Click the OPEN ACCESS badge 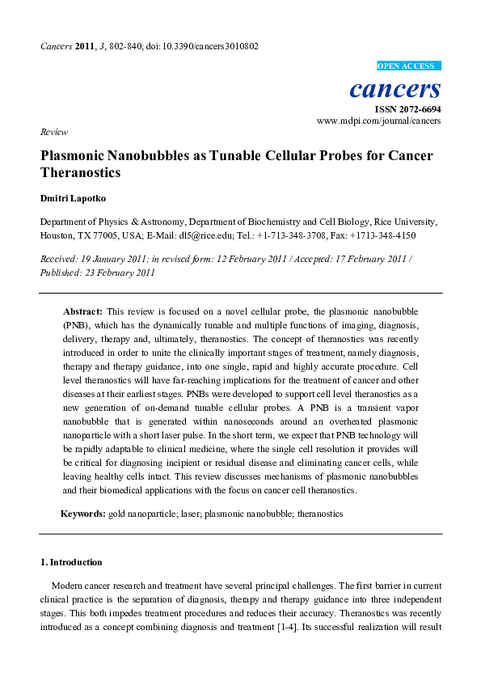point(409,66)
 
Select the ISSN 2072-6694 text point(407,108)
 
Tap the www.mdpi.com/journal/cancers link point(379,121)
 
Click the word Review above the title point(53,132)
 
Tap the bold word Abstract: point(82,311)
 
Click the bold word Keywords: point(83,514)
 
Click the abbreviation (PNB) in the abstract point(76,325)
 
